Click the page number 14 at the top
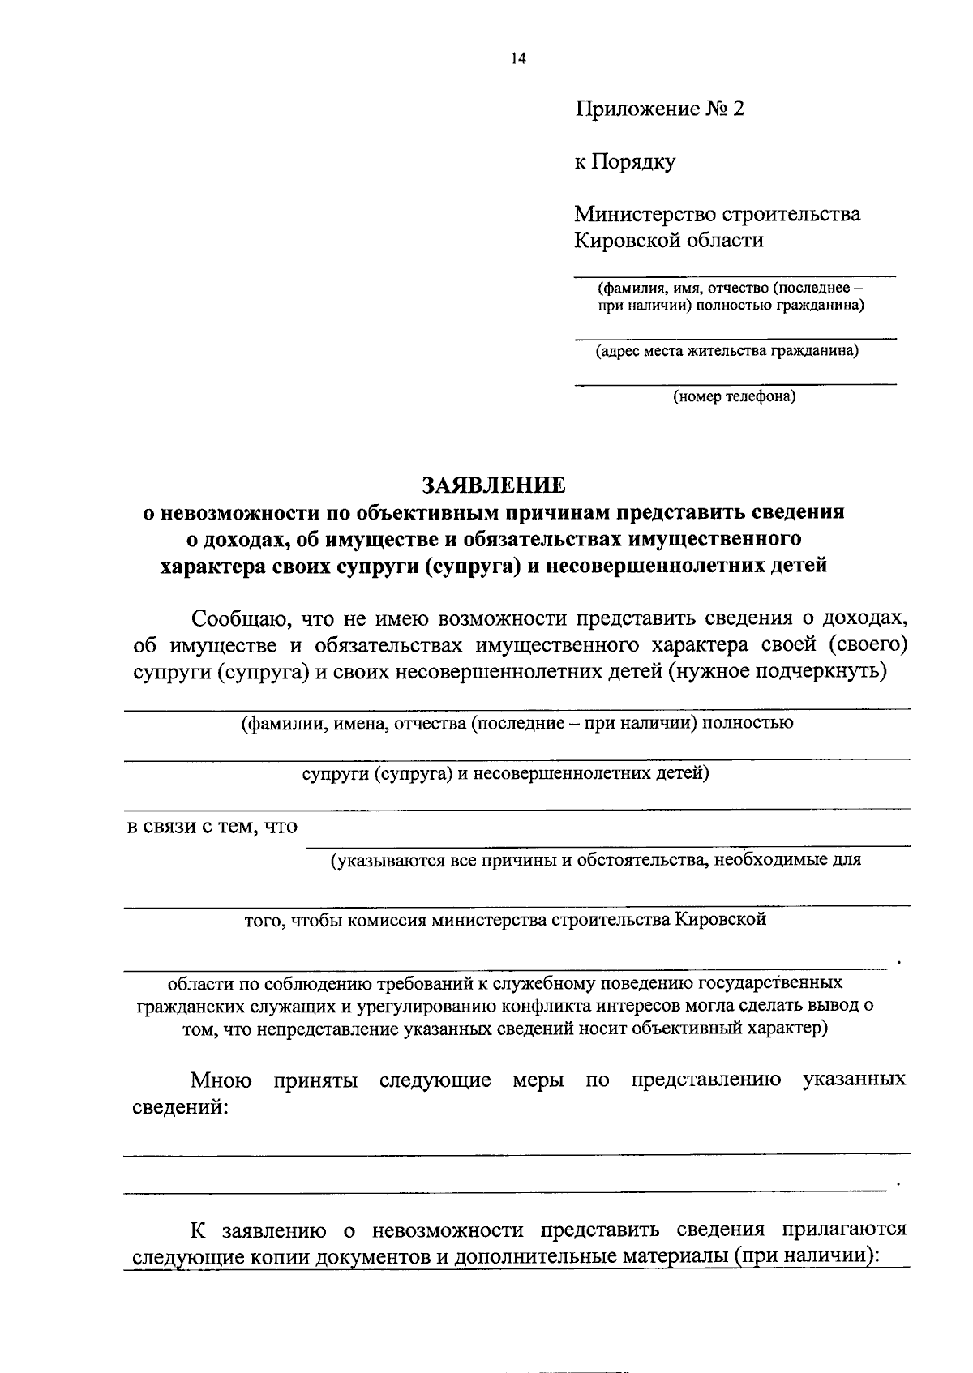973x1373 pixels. pos(519,58)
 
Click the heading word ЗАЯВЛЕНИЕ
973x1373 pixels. pos(494,485)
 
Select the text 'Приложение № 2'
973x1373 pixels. pos(659,109)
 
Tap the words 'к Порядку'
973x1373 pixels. pos(625,162)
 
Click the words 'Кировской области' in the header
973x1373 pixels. pos(669,241)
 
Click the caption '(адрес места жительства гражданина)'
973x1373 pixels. pos(727,351)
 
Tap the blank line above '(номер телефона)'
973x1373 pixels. pos(735,383)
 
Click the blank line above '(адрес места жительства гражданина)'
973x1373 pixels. pos(735,336)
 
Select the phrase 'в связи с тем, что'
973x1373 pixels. pos(211,827)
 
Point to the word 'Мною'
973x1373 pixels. pos(221,1080)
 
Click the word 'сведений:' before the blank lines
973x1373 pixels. pos(180,1107)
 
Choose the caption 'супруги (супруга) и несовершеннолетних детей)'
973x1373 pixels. pos(506,773)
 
